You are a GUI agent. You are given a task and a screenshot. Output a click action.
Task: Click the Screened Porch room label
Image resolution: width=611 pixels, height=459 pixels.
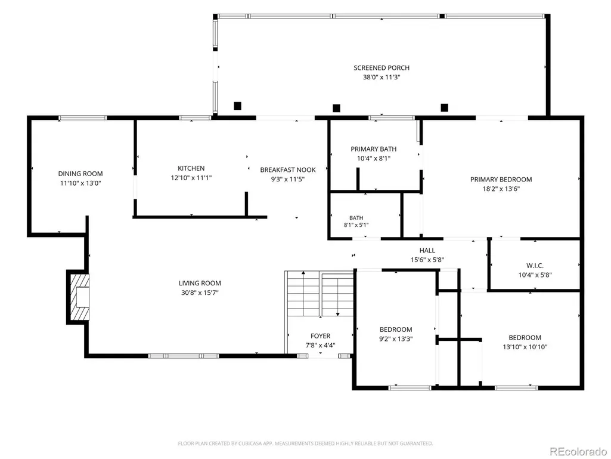[x=382, y=68]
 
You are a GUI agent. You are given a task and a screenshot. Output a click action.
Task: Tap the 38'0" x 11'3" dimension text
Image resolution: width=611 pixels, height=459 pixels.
[x=382, y=77]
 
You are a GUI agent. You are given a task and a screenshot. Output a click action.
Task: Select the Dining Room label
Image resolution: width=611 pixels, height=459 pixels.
[x=80, y=174]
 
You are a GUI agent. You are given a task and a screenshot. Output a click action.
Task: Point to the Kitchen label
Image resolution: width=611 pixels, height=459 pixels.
[x=191, y=168]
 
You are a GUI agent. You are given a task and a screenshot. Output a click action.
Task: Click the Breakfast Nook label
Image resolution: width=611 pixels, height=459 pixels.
[x=288, y=170]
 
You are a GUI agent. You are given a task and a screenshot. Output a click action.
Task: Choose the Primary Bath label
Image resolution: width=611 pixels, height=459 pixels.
[x=374, y=149]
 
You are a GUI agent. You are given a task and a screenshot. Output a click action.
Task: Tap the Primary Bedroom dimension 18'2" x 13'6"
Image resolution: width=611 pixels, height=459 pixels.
[x=501, y=189]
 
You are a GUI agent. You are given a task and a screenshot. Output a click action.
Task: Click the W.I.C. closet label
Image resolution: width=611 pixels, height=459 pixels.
[x=535, y=266]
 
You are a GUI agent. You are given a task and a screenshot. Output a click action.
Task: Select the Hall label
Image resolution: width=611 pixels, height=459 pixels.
[x=427, y=251]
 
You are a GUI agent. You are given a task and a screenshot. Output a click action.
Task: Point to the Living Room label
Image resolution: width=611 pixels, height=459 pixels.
[x=200, y=284]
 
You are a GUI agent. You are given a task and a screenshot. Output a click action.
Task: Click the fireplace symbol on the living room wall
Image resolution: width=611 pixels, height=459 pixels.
[x=78, y=297]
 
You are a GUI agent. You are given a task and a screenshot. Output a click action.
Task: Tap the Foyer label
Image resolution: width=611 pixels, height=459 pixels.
[x=320, y=336]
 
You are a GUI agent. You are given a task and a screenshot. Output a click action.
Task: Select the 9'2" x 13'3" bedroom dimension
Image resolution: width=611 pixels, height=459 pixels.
[x=396, y=339]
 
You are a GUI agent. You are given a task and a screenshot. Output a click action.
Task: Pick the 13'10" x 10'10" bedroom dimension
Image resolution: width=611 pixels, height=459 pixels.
[x=525, y=347]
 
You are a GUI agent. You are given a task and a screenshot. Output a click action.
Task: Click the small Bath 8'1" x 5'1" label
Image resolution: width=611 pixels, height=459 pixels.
[x=356, y=221]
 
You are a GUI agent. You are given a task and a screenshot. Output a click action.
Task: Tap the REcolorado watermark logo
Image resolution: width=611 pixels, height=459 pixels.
[x=578, y=451]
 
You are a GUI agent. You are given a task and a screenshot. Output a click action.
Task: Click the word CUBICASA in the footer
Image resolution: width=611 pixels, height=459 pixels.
[x=257, y=443]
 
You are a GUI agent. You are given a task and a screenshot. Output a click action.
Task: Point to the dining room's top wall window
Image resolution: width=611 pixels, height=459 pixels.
[x=83, y=118]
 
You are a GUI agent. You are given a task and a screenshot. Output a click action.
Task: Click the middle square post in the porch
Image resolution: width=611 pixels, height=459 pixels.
[x=336, y=108]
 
